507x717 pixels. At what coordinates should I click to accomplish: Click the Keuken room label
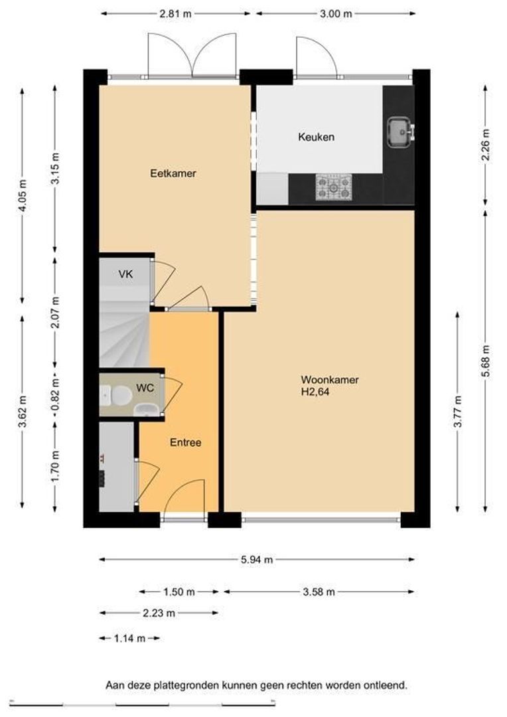tap(316, 137)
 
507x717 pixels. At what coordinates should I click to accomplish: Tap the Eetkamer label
tap(173, 173)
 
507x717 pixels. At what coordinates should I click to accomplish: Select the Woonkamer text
tap(330, 380)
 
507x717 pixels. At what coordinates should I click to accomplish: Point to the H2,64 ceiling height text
tap(315, 392)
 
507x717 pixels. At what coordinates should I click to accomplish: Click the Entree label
tap(185, 443)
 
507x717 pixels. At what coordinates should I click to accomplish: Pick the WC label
tap(145, 388)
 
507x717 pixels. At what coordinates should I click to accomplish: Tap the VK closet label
tap(125, 274)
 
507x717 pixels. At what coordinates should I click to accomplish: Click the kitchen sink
tap(400, 133)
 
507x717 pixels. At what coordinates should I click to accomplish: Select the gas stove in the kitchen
tap(334, 187)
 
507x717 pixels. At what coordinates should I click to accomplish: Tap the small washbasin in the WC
tap(147, 410)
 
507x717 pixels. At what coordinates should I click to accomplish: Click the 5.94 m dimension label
tap(257, 559)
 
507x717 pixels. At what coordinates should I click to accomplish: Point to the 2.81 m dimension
tap(175, 14)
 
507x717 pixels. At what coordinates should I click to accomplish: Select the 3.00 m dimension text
tap(336, 14)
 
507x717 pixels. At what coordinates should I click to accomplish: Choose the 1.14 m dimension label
tap(130, 639)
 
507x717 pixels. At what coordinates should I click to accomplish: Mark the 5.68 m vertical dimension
tap(486, 360)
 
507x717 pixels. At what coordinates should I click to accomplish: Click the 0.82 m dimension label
tap(55, 395)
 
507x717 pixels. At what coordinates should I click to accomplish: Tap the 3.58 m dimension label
tap(319, 592)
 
